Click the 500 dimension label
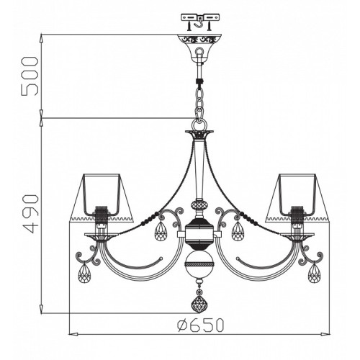coord(30,76)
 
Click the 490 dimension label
coord(30,214)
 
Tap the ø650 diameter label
coord(201,325)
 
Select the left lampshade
coord(101,197)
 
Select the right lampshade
coord(297,197)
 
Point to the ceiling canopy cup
coord(199,48)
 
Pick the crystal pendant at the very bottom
coord(199,303)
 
